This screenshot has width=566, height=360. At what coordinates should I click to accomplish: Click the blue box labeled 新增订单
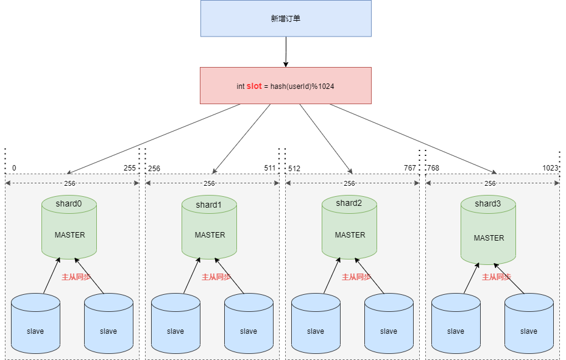[286, 18]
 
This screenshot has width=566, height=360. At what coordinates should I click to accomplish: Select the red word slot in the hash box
[254, 86]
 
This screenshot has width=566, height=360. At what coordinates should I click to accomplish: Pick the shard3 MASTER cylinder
[489, 230]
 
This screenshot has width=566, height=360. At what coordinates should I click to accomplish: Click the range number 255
[130, 168]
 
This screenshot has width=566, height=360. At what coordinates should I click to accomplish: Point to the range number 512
[294, 168]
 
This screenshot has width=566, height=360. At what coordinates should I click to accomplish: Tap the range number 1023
[551, 168]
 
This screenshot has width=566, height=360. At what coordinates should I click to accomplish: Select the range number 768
[433, 168]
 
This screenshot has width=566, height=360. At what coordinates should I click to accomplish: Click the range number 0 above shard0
[14, 168]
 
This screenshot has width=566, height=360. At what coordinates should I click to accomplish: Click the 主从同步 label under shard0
[76, 277]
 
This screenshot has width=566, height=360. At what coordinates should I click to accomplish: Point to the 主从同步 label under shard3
[497, 277]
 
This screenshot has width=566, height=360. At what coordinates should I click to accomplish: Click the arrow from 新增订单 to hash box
[285, 52]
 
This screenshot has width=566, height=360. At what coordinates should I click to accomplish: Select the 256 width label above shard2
[349, 183]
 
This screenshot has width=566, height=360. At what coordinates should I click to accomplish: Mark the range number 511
[269, 168]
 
